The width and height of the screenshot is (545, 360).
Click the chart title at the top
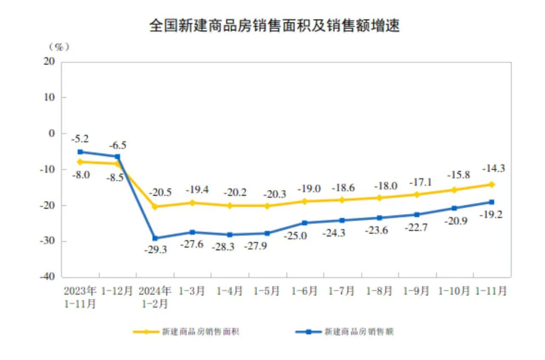[274, 26]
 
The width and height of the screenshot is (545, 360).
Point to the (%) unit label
[59, 46]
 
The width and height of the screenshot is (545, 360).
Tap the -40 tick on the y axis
[49, 277]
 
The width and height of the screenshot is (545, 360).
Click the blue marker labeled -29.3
[155, 238]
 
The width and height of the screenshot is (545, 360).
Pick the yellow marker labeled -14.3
[492, 184]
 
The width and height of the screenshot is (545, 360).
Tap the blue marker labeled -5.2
[80, 152]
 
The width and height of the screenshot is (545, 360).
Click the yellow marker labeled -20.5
[155, 207]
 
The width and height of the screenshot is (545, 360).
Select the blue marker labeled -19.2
[492, 202]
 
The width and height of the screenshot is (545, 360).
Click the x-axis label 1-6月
[304, 291]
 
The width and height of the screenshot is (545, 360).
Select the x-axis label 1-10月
[454, 291]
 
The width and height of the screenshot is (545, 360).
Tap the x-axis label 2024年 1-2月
[155, 297]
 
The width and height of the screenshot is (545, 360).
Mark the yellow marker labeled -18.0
[379, 198]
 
